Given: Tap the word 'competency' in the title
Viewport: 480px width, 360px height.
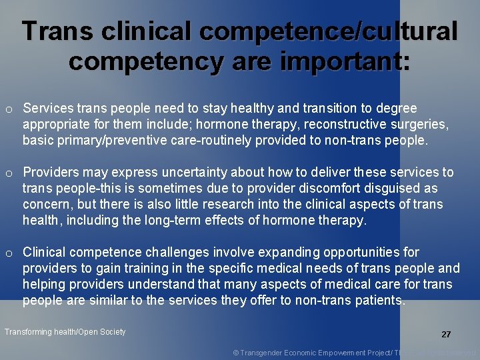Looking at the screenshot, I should [142, 61].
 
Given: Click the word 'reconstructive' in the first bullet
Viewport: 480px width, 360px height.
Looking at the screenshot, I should [334, 124].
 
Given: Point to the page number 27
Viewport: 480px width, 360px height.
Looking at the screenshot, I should [446, 335].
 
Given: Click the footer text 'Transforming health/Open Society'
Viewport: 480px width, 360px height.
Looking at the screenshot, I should [65, 331].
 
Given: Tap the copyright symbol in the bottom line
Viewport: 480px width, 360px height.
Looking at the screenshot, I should [236, 352].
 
